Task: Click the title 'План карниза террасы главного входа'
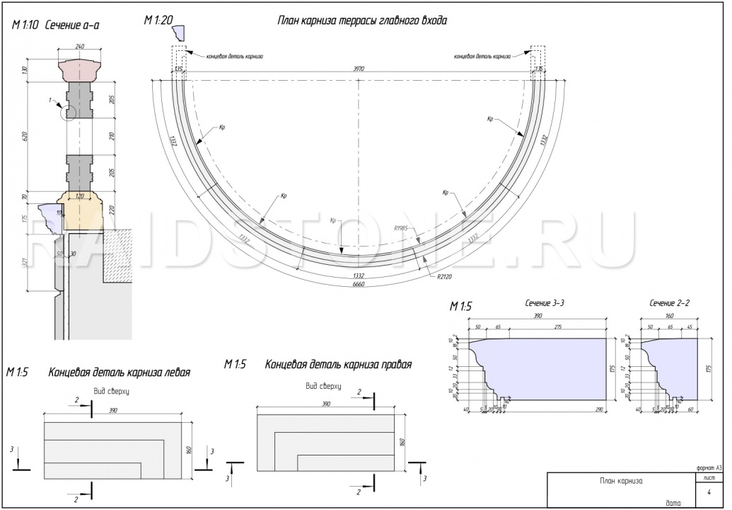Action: tap(361, 21)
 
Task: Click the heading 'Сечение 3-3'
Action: tap(544, 303)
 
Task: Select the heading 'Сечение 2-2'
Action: tap(669, 303)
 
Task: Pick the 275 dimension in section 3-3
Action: tap(563, 327)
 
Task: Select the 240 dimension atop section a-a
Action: tap(79, 47)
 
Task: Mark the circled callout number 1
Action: tap(51, 101)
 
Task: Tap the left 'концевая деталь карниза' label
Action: tap(234, 56)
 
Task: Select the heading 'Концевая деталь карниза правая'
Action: tap(338, 365)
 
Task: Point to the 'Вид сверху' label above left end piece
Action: tap(111, 391)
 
